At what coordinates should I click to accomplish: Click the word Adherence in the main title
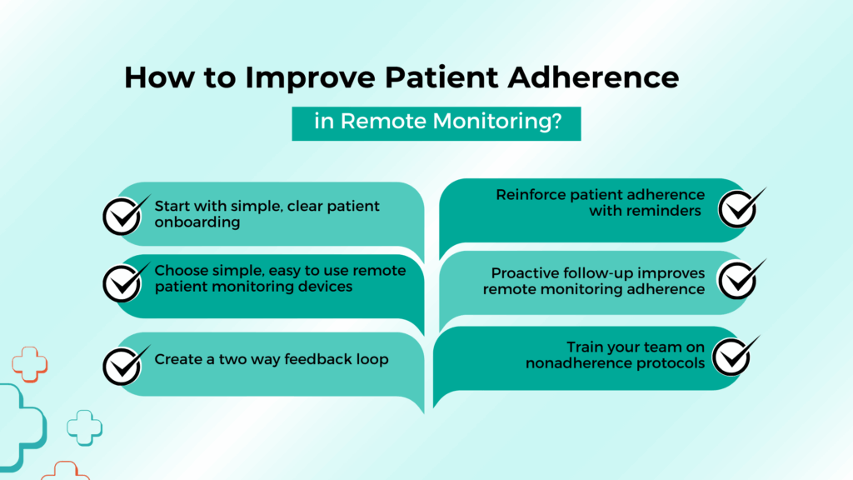coord(593,77)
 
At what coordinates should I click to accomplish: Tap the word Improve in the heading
coord(310,78)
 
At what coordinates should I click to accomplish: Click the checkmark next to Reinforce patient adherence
coord(741,207)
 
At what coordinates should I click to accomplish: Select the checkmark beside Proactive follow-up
coord(741,279)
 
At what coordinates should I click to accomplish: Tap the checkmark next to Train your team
coord(736,356)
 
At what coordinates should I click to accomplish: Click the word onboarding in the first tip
coord(197,222)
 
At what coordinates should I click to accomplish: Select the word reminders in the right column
coord(660,211)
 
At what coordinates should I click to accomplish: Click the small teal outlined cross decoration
coord(84,427)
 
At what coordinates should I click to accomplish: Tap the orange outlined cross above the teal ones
coord(30,364)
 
